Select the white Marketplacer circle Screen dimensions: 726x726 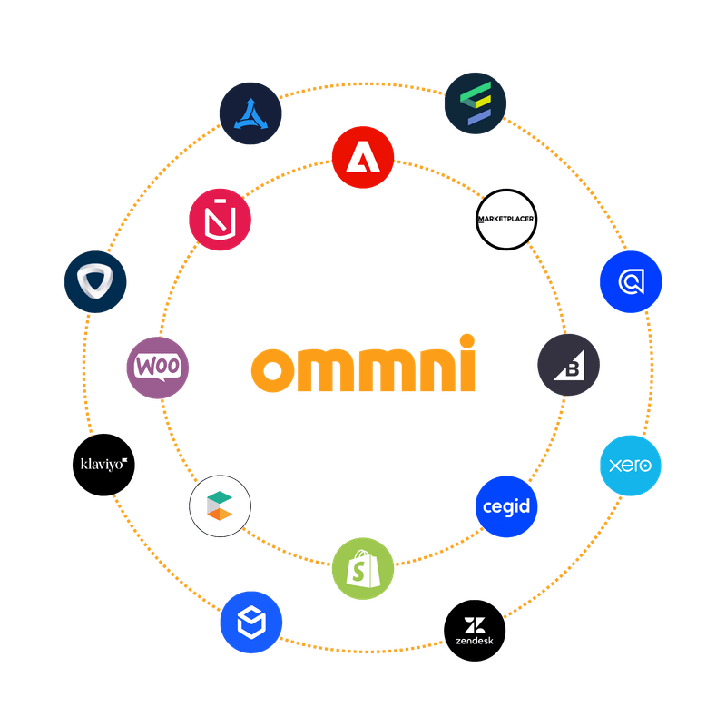click(x=506, y=219)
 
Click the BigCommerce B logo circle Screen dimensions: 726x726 click(x=568, y=365)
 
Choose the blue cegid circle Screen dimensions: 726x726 click(x=506, y=506)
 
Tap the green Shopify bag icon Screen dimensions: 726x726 click(x=363, y=567)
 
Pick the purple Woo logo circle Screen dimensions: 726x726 click(x=158, y=367)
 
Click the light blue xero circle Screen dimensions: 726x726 click(x=631, y=466)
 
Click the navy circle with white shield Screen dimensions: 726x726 click(x=95, y=282)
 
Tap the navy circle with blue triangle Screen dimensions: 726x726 click(x=250, y=113)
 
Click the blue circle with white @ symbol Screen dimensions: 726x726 click(x=631, y=282)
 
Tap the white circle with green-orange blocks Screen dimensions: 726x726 click(x=221, y=505)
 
